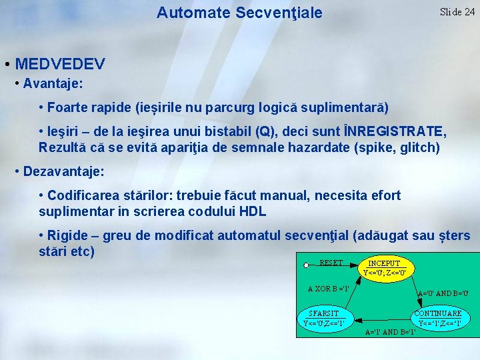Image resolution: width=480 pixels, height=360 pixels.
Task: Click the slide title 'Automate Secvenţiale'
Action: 239,13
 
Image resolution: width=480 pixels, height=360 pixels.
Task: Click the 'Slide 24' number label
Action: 457,12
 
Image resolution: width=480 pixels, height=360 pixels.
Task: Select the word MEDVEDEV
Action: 60,65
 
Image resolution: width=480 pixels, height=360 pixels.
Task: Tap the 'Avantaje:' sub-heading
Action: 53,84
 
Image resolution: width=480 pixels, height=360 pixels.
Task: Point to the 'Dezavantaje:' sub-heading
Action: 63,171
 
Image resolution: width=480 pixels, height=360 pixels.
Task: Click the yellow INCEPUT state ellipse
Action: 384,268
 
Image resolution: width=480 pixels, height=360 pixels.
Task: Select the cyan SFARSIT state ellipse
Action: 324,318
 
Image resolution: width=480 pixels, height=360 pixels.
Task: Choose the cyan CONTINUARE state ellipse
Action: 438,318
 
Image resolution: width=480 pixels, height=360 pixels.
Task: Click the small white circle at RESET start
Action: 306,265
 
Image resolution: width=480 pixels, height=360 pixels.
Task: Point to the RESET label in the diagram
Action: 331,263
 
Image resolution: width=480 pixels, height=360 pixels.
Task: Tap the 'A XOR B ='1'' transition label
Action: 329,289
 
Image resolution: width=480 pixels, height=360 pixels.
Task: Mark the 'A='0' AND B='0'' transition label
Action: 443,293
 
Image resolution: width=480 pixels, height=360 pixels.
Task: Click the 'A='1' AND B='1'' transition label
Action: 390,331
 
